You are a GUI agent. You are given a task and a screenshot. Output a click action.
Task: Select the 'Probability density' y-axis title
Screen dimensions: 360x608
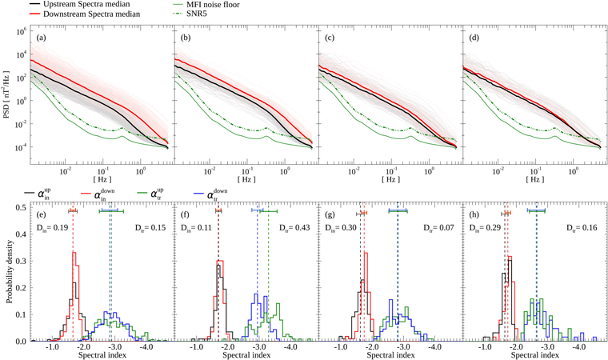8,272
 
